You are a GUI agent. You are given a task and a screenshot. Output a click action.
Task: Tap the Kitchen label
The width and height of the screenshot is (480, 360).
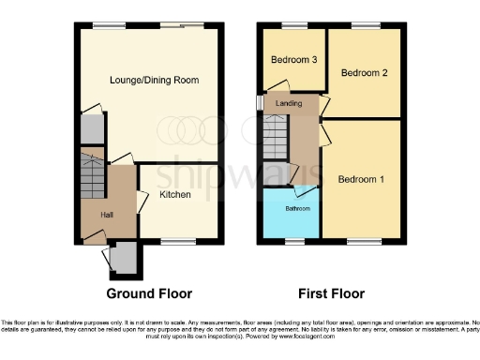tap(175, 195)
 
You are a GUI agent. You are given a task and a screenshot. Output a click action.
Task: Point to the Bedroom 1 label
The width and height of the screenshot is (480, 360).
tap(361, 180)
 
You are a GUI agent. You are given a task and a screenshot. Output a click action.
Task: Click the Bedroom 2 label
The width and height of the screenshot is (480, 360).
tap(364, 72)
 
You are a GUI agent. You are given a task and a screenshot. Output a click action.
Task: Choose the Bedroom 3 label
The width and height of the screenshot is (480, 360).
tap(293, 60)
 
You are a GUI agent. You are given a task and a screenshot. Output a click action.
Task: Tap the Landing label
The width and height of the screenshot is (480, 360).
tap(289, 104)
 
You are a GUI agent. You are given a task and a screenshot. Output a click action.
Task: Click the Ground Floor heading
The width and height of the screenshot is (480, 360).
tap(144, 293)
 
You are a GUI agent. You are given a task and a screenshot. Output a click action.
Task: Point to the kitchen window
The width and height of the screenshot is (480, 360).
tap(174, 243)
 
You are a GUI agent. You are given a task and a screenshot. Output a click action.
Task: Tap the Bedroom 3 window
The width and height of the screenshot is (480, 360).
tap(295, 25)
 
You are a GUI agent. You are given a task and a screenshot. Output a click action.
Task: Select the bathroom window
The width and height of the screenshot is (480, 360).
tap(292, 243)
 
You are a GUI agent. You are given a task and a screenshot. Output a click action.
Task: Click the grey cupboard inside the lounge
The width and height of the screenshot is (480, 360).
tap(91, 128)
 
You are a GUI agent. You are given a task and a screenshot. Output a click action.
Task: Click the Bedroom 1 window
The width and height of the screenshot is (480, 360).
tap(362, 243)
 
